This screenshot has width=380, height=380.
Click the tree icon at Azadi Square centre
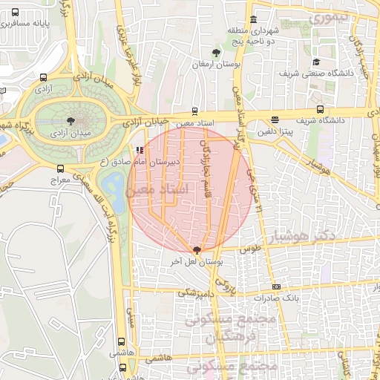pyautogui.click(x=71, y=120)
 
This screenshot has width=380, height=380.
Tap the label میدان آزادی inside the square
pyautogui.click(x=70, y=134)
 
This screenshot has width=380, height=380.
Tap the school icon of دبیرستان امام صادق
pyautogui.click(x=140, y=149)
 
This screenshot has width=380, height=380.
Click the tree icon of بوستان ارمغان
pyautogui.click(x=216, y=52)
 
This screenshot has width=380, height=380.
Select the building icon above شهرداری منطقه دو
pyautogui.click(x=254, y=19)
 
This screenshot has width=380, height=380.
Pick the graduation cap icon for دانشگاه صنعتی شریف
pyautogui.click(x=316, y=62)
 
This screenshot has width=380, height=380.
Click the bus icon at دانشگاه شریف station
pyautogui.click(x=275, y=119)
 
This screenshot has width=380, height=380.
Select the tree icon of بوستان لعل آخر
pyautogui.click(x=196, y=250)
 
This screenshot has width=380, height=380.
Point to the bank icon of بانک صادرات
pyautogui.click(x=276, y=287)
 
